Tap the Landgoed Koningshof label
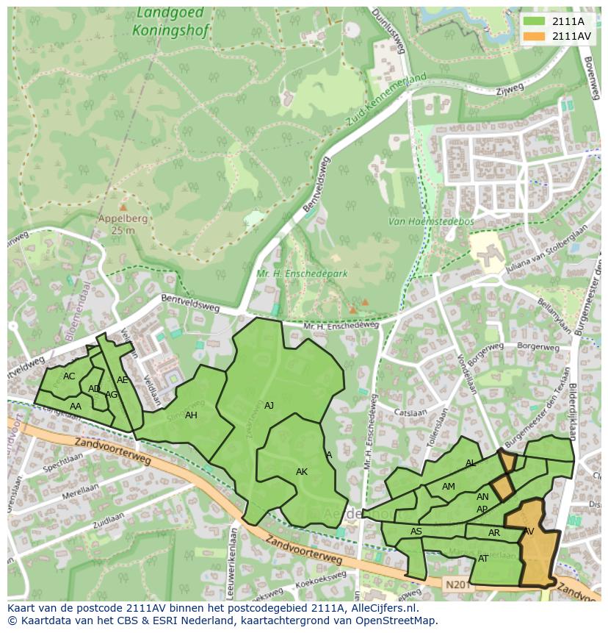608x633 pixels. point(171,23)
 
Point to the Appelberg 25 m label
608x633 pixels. point(123,224)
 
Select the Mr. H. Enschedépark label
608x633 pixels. point(301,274)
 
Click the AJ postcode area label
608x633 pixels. point(269,405)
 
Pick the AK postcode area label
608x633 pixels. point(301,472)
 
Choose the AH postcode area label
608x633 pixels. point(191,415)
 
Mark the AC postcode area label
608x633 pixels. point(69,376)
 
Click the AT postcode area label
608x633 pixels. point(483,559)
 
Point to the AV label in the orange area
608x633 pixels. point(529,532)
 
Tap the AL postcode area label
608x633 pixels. point(471,463)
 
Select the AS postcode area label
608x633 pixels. point(416,532)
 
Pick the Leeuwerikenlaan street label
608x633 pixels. point(232,559)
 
